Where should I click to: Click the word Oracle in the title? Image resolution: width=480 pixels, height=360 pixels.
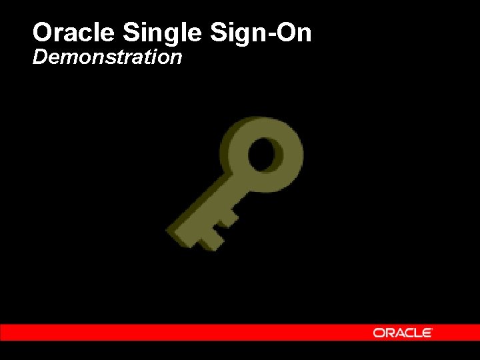pyautogui.click(x=75, y=32)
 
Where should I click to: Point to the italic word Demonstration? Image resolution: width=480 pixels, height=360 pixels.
pyautogui.click(x=107, y=57)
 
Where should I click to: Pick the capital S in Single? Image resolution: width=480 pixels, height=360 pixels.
pyautogui.click(x=131, y=32)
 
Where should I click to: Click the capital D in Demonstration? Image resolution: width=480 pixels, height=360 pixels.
pyautogui.click(x=39, y=57)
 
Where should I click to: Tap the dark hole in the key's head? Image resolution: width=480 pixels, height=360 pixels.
pyautogui.click(x=267, y=154)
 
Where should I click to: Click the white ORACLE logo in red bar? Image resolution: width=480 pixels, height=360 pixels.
pyautogui.click(x=403, y=333)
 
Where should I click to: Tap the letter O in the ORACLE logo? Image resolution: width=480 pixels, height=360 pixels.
pyautogui.click(x=379, y=333)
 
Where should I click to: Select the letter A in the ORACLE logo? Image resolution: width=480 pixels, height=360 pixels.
pyautogui.click(x=399, y=333)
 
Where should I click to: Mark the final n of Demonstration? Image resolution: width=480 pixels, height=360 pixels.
pyautogui.click(x=177, y=59)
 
